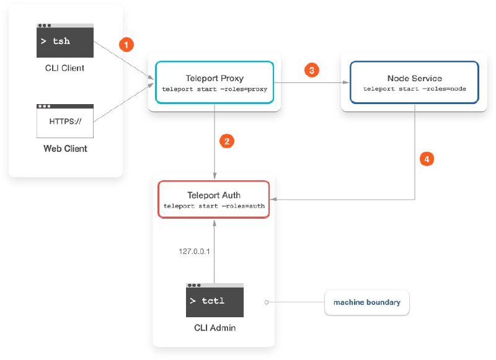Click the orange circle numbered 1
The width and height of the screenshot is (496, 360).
(x=126, y=45)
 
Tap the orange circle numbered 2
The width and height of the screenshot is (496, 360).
(x=227, y=141)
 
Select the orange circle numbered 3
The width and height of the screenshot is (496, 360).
(x=312, y=70)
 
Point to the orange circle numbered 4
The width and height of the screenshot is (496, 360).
(x=427, y=159)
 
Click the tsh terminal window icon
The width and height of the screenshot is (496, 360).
(x=65, y=40)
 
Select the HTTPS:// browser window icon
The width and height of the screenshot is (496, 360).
(x=65, y=121)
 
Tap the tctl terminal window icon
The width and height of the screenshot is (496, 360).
(x=215, y=301)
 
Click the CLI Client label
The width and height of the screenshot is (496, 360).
(x=65, y=68)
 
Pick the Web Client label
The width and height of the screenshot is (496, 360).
(x=65, y=149)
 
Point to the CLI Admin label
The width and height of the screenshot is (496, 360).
(x=215, y=328)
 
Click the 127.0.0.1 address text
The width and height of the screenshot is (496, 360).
(x=194, y=252)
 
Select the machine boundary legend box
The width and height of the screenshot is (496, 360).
(x=367, y=302)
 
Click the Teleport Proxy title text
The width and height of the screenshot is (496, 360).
(x=215, y=78)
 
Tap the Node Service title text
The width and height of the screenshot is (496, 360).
(x=415, y=78)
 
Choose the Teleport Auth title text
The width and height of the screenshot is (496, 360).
(x=214, y=195)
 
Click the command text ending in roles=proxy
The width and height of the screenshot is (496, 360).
(x=215, y=89)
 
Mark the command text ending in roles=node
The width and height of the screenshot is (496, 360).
(x=415, y=89)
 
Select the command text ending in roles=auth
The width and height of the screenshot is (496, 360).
(x=214, y=206)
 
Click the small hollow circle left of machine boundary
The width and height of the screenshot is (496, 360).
(x=267, y=302)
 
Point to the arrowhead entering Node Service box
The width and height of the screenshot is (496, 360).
(x=346, y=82)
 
